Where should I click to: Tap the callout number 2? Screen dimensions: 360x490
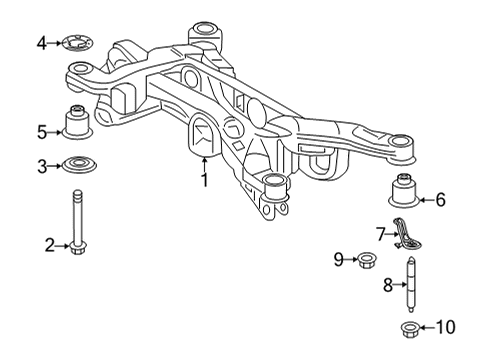point(48,243)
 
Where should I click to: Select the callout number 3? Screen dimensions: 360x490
point(42,165)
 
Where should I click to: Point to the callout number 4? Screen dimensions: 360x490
point(42,43)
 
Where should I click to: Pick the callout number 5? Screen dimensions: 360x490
point(42,130)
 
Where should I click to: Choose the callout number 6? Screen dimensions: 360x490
point(440,200)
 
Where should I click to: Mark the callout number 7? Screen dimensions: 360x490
point(381,234)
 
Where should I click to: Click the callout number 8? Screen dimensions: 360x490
point(387,285)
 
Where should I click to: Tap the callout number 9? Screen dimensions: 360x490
point(339,261)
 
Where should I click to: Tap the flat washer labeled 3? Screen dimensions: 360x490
point(76,165)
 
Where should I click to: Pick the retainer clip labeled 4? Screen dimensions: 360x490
point(76,43)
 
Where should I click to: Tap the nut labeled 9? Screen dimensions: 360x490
point(366,262)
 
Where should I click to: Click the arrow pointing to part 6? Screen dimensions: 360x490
point(424,200)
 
